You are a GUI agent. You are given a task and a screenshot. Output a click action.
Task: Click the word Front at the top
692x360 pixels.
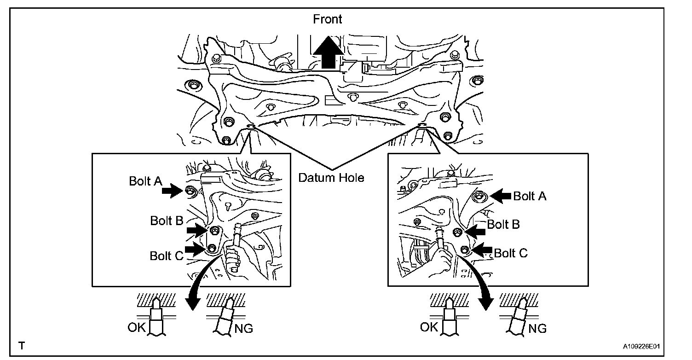(328, 19)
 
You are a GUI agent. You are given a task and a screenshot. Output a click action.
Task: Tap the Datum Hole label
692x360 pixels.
(331, 178)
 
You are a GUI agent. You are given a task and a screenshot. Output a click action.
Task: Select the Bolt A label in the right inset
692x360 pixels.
(530, 197)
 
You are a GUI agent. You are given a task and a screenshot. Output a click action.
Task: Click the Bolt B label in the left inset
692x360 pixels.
(167, 221)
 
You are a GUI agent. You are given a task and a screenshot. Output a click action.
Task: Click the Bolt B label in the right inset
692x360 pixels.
(503, 225)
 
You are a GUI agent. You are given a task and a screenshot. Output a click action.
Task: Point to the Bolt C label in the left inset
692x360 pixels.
(167, 255)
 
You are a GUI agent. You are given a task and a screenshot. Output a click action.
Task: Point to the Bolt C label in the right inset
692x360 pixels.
(511, 253)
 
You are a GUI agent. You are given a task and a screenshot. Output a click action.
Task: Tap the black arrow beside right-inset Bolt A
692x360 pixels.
(500, 196)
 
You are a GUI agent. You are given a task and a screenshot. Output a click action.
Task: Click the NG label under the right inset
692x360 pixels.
(537, 328)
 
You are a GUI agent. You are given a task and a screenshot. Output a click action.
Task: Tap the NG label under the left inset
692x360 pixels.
(243, 328)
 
